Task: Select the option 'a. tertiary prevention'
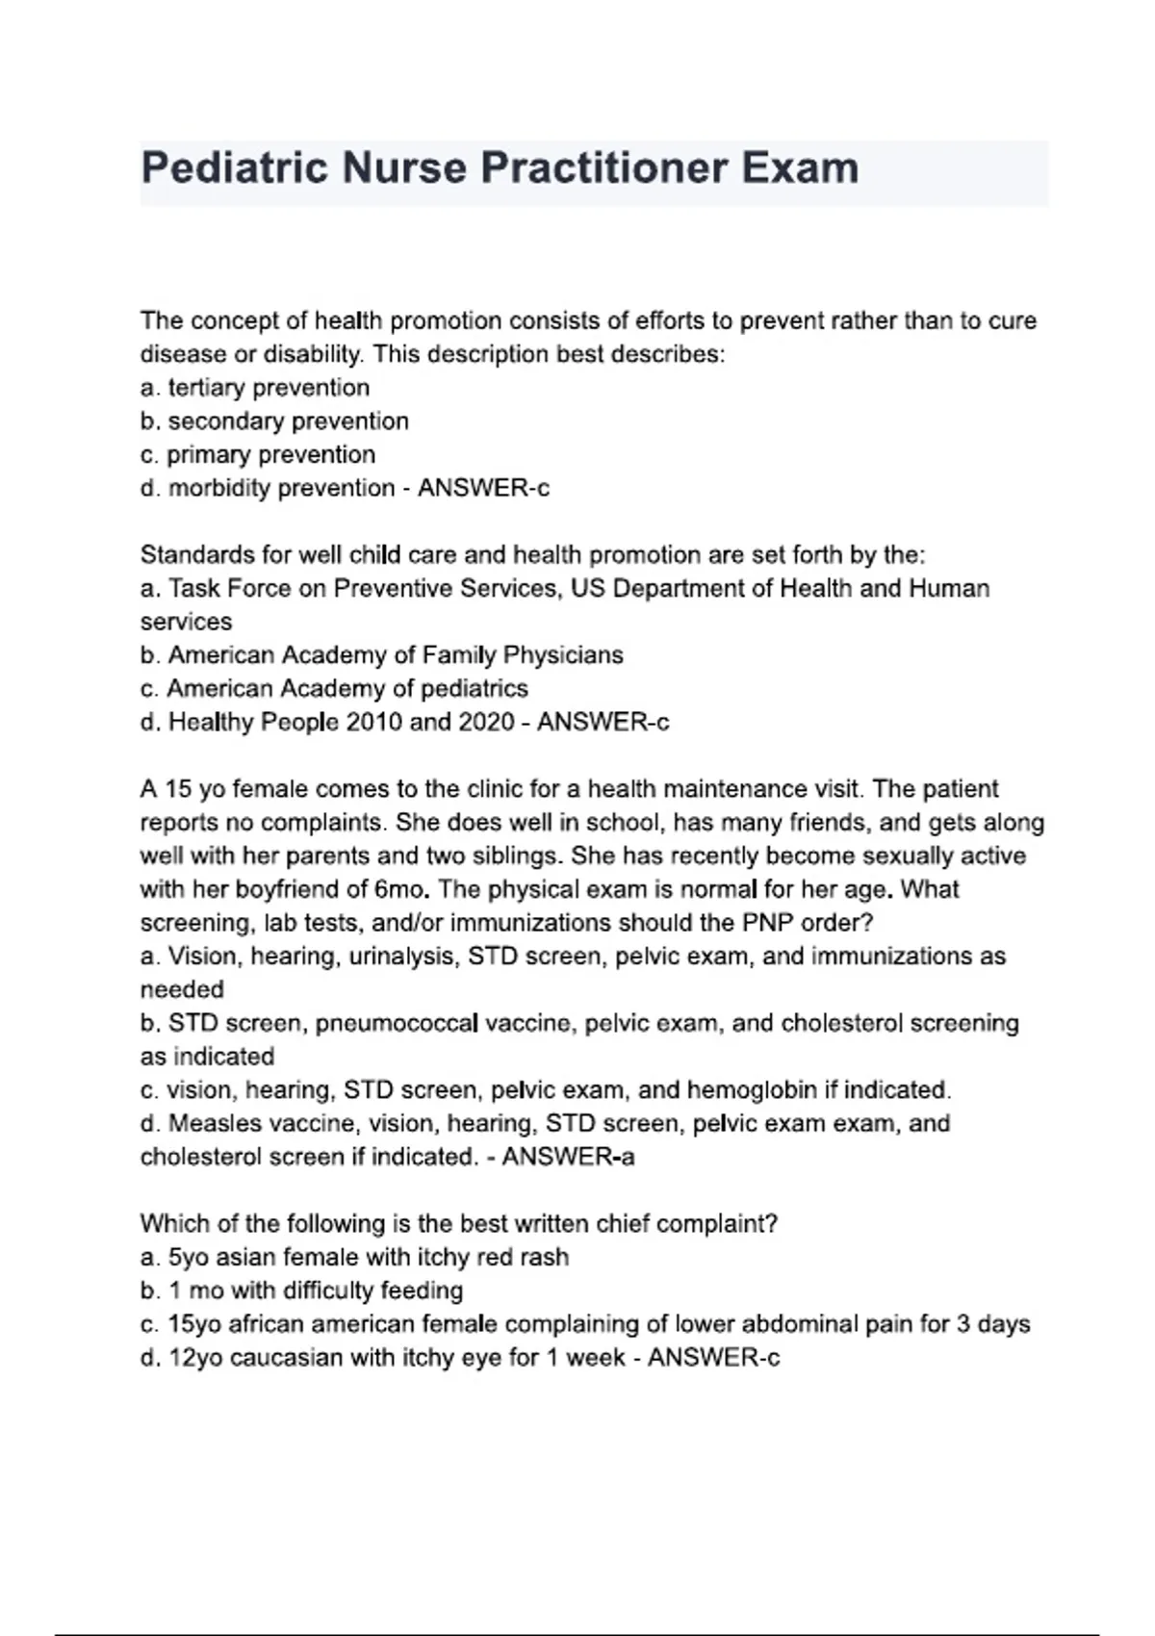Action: click(x=255, y=388)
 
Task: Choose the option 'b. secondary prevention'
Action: click(x=274, y=422)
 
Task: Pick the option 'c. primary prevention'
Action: click(x=258, y=455)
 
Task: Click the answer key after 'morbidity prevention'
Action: click(x=483, y=489)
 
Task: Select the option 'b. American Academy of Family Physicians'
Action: click(x=382, y=655)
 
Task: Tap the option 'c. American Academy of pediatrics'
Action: click(x=334, y=689)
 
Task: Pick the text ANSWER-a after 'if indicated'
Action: click(x=568, y=1157)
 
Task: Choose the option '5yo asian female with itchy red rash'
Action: click(x=354, y=1258)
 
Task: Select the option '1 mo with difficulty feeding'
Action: click(x=301, y=1291)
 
